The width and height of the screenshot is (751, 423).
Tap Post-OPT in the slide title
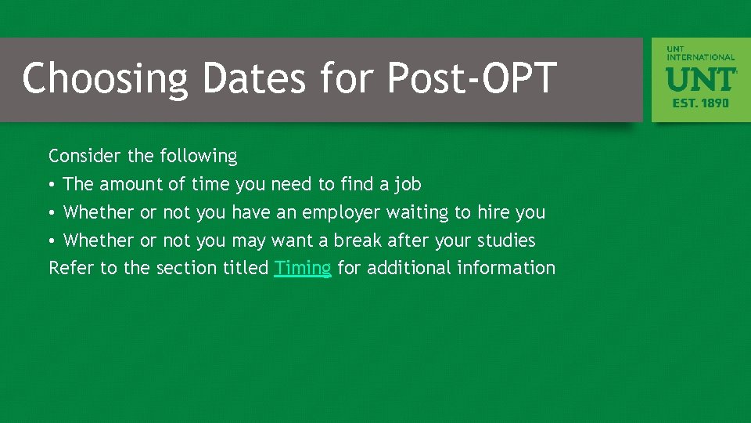pos(472,78)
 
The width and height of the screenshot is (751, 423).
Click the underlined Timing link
pos(303,268)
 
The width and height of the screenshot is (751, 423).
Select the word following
pos(198,157)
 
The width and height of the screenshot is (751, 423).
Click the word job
pos(407,184)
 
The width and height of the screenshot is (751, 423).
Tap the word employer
pos(341,213)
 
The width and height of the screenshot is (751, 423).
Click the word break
pos(358,240)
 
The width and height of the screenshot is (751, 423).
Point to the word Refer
pos(71,268)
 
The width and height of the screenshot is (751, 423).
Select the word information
pos(506,268)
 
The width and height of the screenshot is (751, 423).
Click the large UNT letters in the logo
pos(701,79)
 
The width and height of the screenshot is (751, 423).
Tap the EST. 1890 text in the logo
pos(701,103)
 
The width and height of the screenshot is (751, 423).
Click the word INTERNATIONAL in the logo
pos(701,57)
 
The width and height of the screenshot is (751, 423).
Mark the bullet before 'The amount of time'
pos(52,185)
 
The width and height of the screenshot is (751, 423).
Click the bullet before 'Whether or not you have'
pos(52,213)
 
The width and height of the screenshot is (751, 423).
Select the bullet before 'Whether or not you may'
pos(52,240)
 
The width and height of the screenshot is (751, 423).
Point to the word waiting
pos(417,213)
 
